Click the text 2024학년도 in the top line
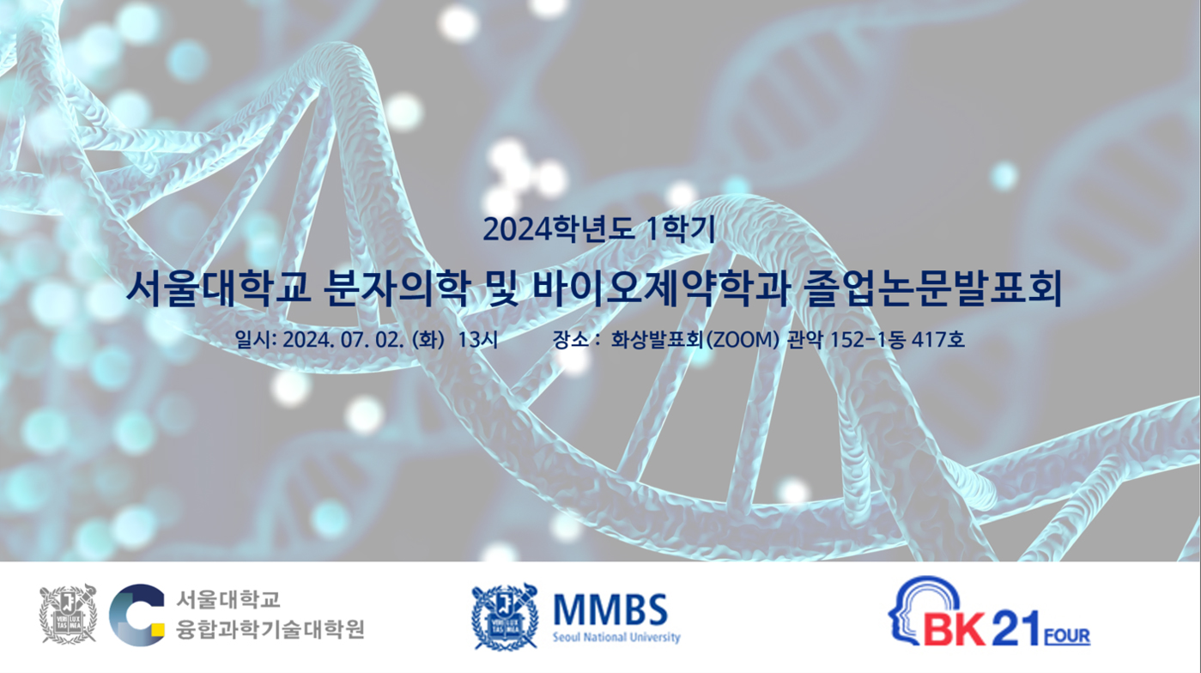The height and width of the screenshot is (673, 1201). click(x=559, y=229)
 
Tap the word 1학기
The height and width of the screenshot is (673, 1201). click(x=681, y=229)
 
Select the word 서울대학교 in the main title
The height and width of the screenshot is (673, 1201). click(x=218, y=289)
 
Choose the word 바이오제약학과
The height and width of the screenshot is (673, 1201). click(x=660, y=289)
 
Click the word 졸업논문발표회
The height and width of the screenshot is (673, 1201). click(x=933, y=289)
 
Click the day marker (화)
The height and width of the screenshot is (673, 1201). click(x=428, y=340)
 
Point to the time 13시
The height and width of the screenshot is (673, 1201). click(x=478, y=340)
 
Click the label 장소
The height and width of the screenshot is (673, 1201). click(x=571, y=339)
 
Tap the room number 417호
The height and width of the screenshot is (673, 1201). click(x=938, y=339)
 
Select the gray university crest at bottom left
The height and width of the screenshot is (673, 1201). click(x=68, y=614)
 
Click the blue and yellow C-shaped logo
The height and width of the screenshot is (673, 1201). click(x=136, y=615)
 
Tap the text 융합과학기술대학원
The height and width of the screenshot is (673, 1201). click(x=270, y=629)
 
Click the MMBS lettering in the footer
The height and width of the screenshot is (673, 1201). click(x=610, y=609)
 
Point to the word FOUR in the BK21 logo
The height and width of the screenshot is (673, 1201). click(x=1067, y=637)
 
